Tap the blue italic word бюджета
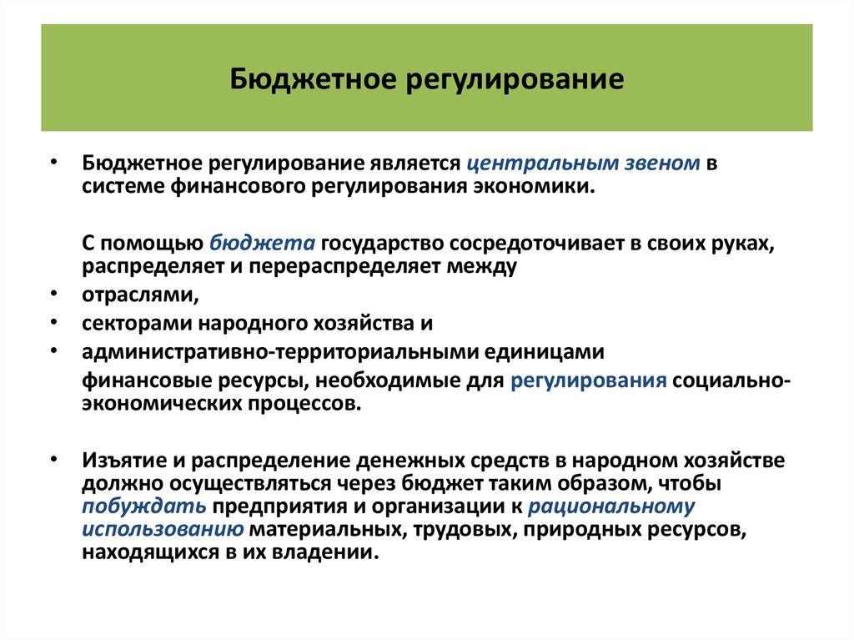262,243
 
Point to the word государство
380,243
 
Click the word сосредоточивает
522,243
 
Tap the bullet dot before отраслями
53,295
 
